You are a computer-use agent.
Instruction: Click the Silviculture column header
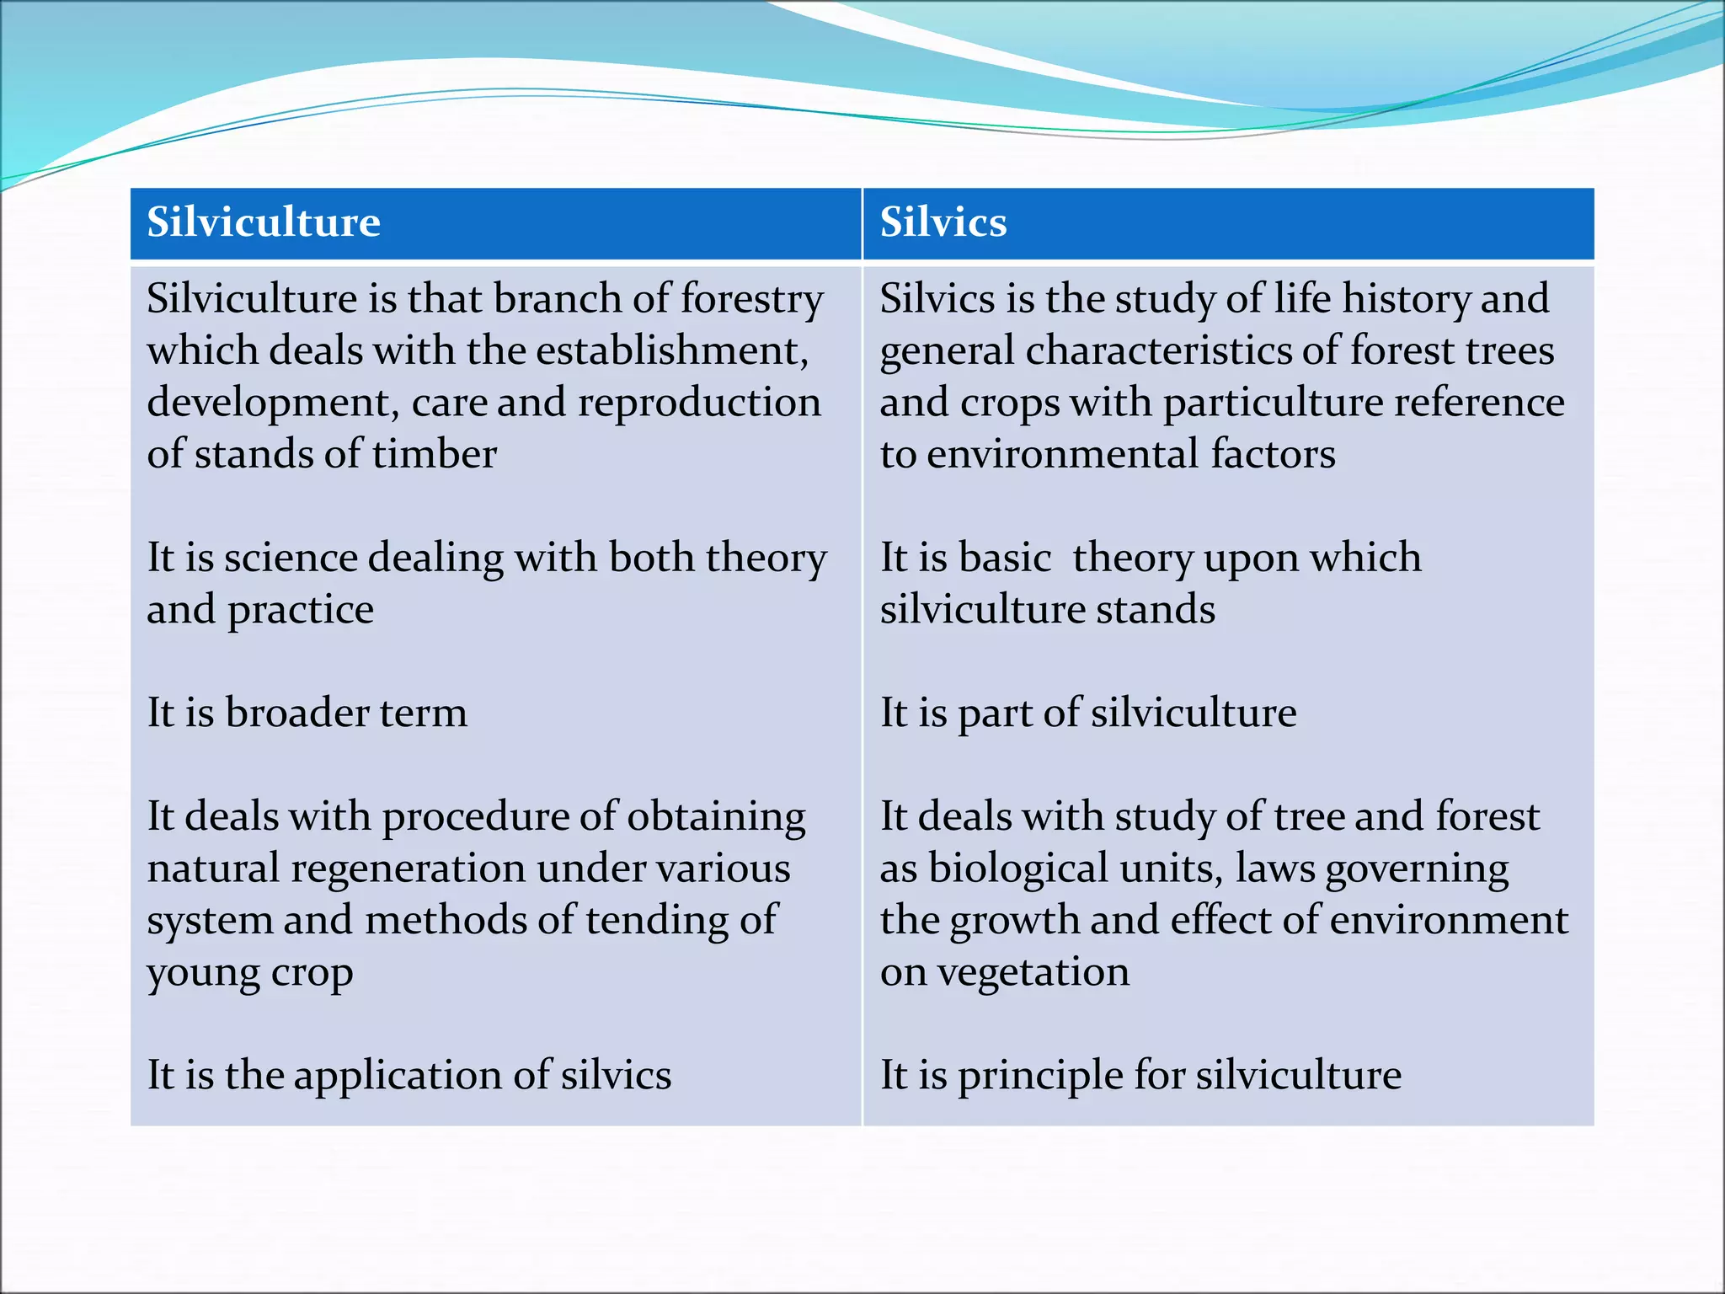point(264,223)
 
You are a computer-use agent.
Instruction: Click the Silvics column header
point(943,223)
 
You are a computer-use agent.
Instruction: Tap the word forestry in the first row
point(751,300)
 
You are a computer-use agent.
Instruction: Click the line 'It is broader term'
point(307,714)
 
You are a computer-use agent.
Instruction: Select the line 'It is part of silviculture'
point(1087,714)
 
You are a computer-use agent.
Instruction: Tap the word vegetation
point(1033,973)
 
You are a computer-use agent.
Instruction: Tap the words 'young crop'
point(249,973)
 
